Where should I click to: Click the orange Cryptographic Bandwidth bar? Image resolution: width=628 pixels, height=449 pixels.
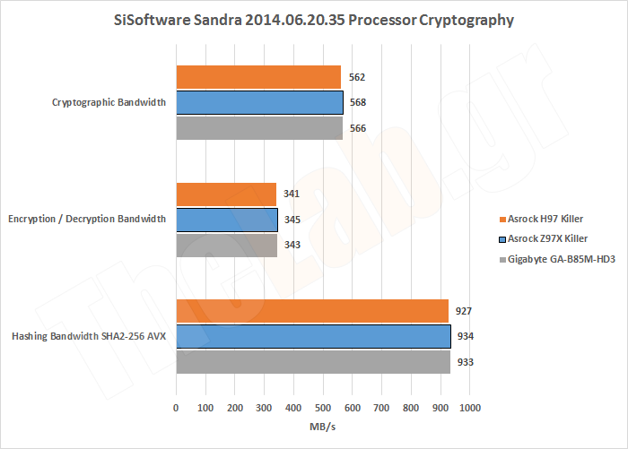point(258,77)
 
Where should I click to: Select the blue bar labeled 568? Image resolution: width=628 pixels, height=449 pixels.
point(260,103)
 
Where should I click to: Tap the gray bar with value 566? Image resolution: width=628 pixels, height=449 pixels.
point(259,128)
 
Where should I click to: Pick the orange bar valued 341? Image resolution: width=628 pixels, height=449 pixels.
point(226,194)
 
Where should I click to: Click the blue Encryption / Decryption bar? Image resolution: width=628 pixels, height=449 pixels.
point(227,220)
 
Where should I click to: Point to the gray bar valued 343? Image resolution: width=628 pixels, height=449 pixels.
point(226,245)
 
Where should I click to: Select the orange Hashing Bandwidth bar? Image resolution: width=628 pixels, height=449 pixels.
point(312,311)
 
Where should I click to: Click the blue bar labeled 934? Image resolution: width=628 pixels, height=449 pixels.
point(313,336)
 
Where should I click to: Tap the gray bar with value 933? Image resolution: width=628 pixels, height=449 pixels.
point(313,361)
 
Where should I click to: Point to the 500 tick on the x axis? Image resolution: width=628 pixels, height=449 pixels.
point(323,408)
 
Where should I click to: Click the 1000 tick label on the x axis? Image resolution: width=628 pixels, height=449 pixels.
point(470,408)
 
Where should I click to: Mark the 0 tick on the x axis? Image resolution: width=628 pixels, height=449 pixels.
point(176,408)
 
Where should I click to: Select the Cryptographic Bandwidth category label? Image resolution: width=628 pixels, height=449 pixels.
point(110,103)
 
